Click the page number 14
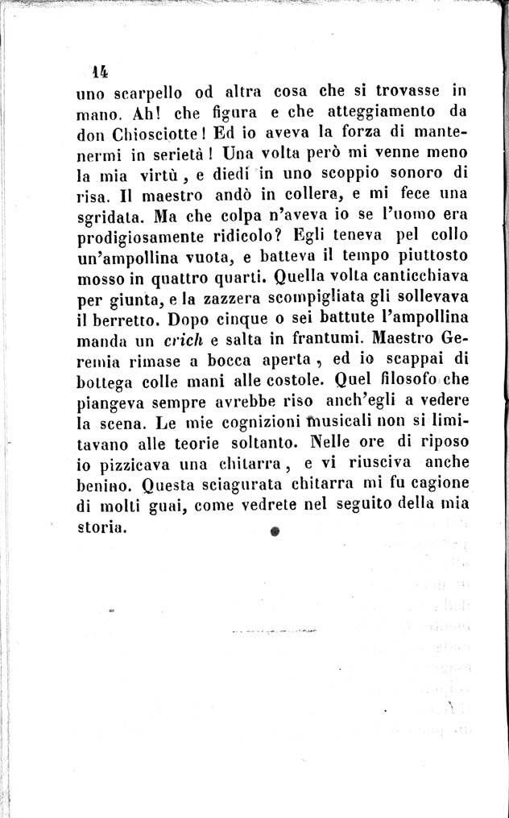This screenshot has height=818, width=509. click(x=100, y=70)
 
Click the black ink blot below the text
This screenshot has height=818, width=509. click(x=275, y=531)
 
